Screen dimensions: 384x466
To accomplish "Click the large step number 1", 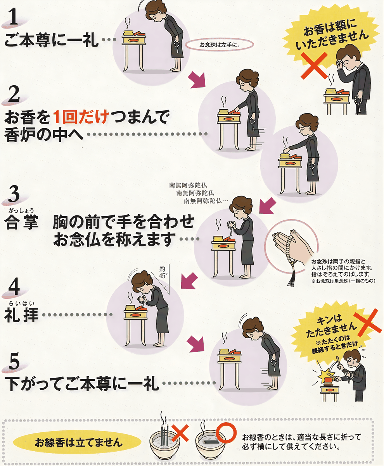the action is (x=14, y=17).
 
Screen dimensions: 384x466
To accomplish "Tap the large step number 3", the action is (x=14, y=194).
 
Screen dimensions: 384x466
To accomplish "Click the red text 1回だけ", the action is (x=81, y=117).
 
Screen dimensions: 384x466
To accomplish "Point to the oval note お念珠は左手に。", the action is (x=220, y=45).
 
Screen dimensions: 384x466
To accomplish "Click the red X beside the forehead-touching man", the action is (x=314, y=65).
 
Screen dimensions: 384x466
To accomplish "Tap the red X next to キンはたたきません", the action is (x=367, y=323).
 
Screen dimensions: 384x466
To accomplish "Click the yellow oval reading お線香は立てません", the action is (x=77, y=442).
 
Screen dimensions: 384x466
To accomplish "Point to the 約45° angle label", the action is (x=163, y=272).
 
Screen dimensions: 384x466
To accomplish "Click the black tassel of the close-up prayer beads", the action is (x=292, y=278).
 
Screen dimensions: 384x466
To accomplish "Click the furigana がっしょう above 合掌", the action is (x=21, y=211).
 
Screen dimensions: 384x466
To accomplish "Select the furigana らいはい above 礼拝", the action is (x=21, y=303).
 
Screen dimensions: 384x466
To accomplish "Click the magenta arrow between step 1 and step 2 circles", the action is (x=197, y=79).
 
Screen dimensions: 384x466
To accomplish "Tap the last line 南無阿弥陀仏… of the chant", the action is (x=206, y=201).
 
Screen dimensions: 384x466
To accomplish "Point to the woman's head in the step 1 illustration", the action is (x=155, y=11).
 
